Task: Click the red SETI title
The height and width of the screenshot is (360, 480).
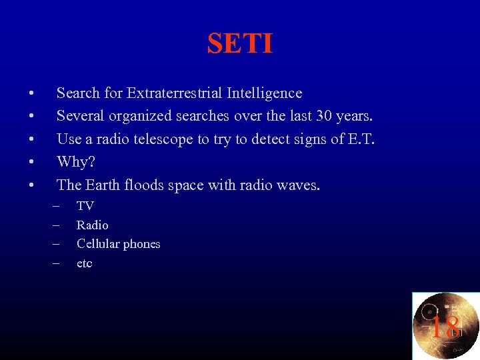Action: tap(240, 44)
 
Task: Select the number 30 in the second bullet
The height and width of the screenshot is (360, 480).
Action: tap(325, 116)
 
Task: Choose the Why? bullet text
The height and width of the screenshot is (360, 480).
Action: tap(75, 162)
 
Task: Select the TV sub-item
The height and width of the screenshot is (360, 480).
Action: tap(85, 206)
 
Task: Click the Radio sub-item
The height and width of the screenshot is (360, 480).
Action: tap(92, 225)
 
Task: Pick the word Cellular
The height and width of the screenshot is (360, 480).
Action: tap(99, 244)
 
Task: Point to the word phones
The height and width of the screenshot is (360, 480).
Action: tap(142, 245)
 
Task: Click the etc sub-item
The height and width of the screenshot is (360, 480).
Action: tap(84, 263)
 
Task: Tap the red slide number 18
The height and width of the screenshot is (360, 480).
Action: tap(445, 327)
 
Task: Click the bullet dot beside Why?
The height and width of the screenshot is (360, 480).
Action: tap(31, 162)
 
